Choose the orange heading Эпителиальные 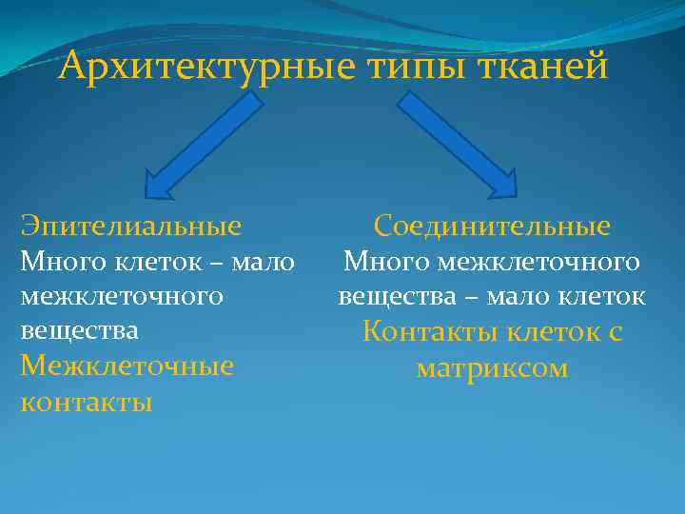click(131, 227)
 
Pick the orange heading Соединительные click(492, 227)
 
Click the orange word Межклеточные click(127, 366)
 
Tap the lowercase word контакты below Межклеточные click(86, 401)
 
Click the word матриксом click(492, 367)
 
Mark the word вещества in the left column click(79, 330)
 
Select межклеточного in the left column click(122, 296)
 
